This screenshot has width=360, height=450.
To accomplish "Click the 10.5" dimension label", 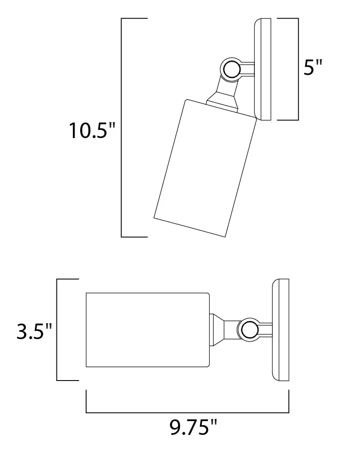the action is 92,131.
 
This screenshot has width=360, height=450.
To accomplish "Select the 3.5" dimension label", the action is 34,331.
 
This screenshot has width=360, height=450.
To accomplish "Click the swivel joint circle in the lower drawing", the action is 249,329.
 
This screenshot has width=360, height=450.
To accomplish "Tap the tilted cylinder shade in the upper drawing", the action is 205,168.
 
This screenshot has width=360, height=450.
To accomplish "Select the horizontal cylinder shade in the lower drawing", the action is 148,330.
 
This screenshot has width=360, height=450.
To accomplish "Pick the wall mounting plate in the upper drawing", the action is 262,69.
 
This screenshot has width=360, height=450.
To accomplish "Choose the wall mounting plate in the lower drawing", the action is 280,330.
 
